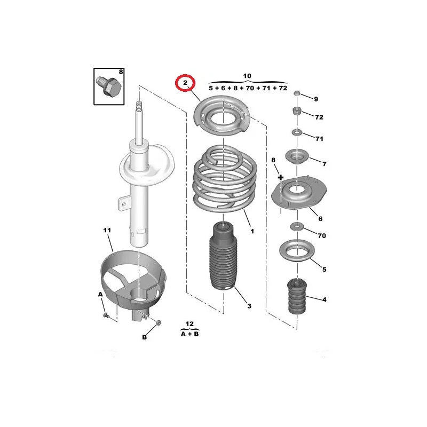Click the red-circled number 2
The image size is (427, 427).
click(185, 82)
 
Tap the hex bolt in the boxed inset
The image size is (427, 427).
click(109, 86)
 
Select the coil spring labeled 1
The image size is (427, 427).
click(224, 180)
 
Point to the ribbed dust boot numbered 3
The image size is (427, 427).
click(223, 257)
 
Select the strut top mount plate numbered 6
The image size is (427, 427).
click(299, 193)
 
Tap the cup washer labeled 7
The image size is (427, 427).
click(297, 157)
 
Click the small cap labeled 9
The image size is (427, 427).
click(297, 94)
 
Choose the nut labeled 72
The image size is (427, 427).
click(297, 111)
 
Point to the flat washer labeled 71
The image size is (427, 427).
click(297, 132)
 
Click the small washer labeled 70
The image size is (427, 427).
click(297, 226)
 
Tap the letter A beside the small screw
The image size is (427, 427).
click(100, 294)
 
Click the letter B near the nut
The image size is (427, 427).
click(144, 337)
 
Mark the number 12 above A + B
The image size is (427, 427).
click(189, 324)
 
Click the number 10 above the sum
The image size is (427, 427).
click(247, 76)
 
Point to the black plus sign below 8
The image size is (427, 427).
click(281, 178)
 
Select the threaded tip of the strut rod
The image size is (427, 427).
click(139, 106)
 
